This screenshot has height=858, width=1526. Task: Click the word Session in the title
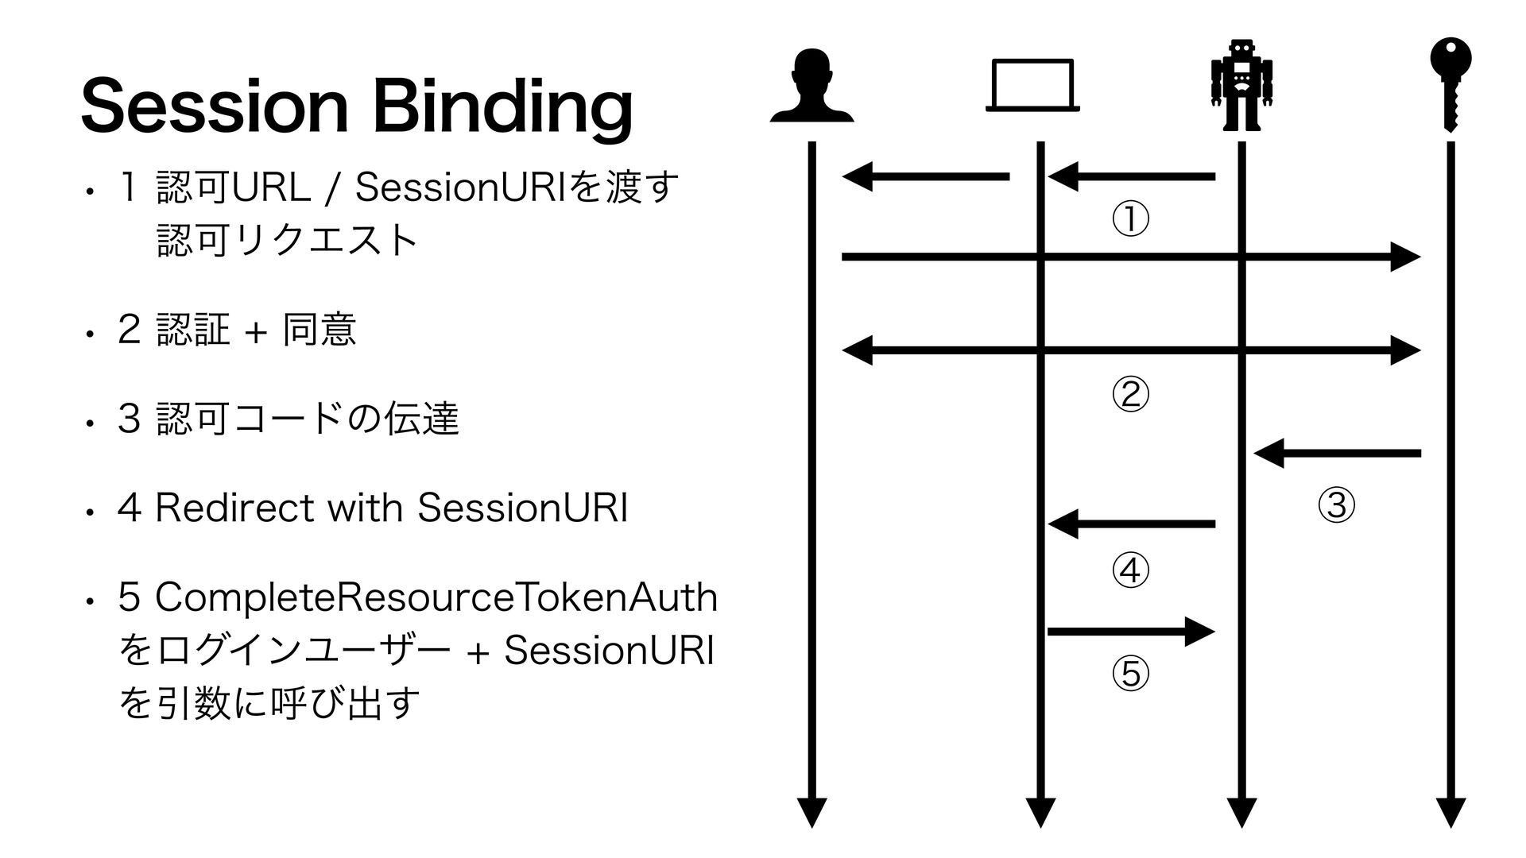[x=214, y=106]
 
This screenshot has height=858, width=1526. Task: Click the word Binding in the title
[x=502, y=108]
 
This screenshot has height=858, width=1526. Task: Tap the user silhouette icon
[x=811, y=86]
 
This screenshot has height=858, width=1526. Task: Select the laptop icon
[x=1032, y=86]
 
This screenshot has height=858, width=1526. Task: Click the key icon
[x=1450, y=84]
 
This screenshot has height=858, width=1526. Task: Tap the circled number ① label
[x=1129, y=220]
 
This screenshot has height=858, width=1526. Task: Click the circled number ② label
[x=1129, y=394]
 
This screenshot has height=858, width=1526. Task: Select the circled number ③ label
[x=1336, y=504]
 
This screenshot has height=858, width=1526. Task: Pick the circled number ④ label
[x=1129, y=570]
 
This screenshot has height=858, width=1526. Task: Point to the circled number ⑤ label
[x=1129, y=674]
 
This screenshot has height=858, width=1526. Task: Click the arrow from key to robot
[x=1337, y=454]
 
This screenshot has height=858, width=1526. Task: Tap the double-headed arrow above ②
[x=1131, y=350]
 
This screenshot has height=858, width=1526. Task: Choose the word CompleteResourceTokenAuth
[x=436, y=598]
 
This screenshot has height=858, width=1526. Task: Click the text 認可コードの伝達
[x=308, y=419]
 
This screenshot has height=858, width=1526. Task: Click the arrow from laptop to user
[x=926, y=176]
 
